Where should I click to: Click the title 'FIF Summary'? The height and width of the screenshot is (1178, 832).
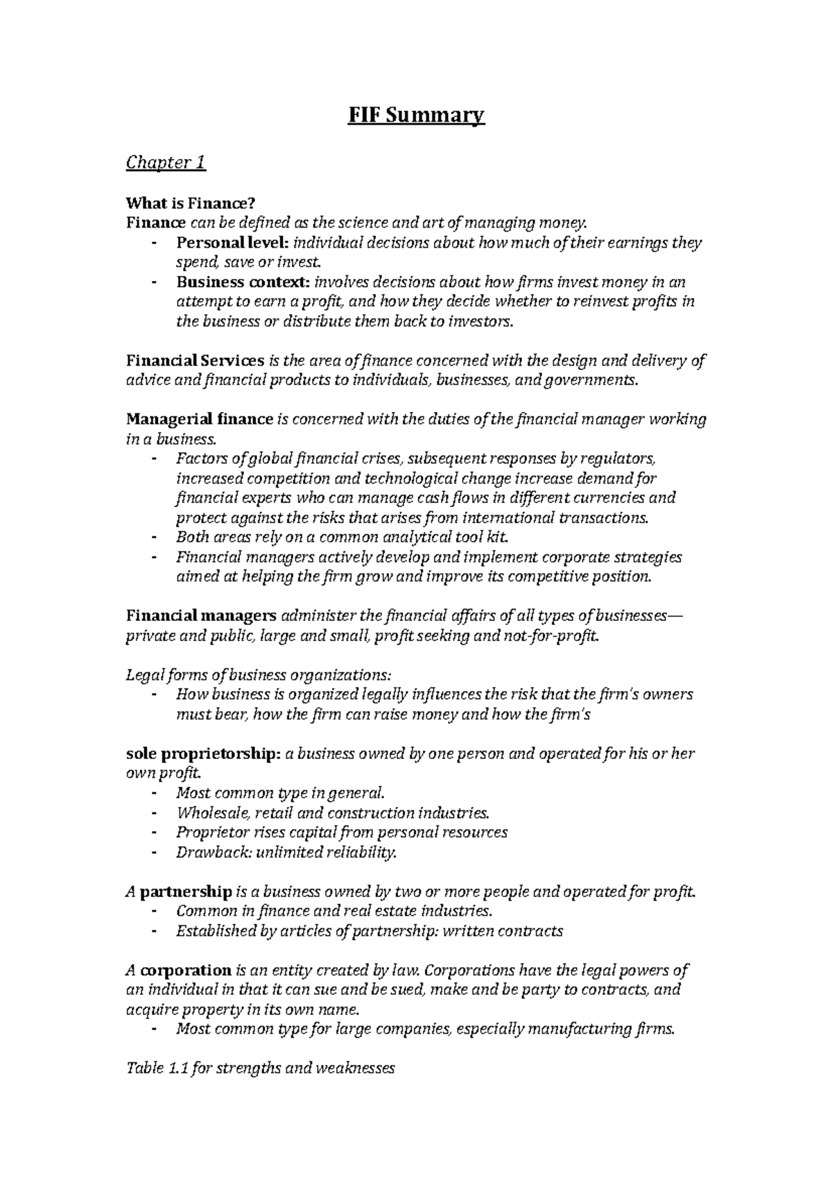416,114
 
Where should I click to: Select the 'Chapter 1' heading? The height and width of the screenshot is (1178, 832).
166,163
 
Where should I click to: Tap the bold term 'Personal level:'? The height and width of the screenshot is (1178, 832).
233,243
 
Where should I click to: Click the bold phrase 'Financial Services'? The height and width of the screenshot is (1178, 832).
195,361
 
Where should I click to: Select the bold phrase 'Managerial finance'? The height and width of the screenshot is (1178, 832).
200,420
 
